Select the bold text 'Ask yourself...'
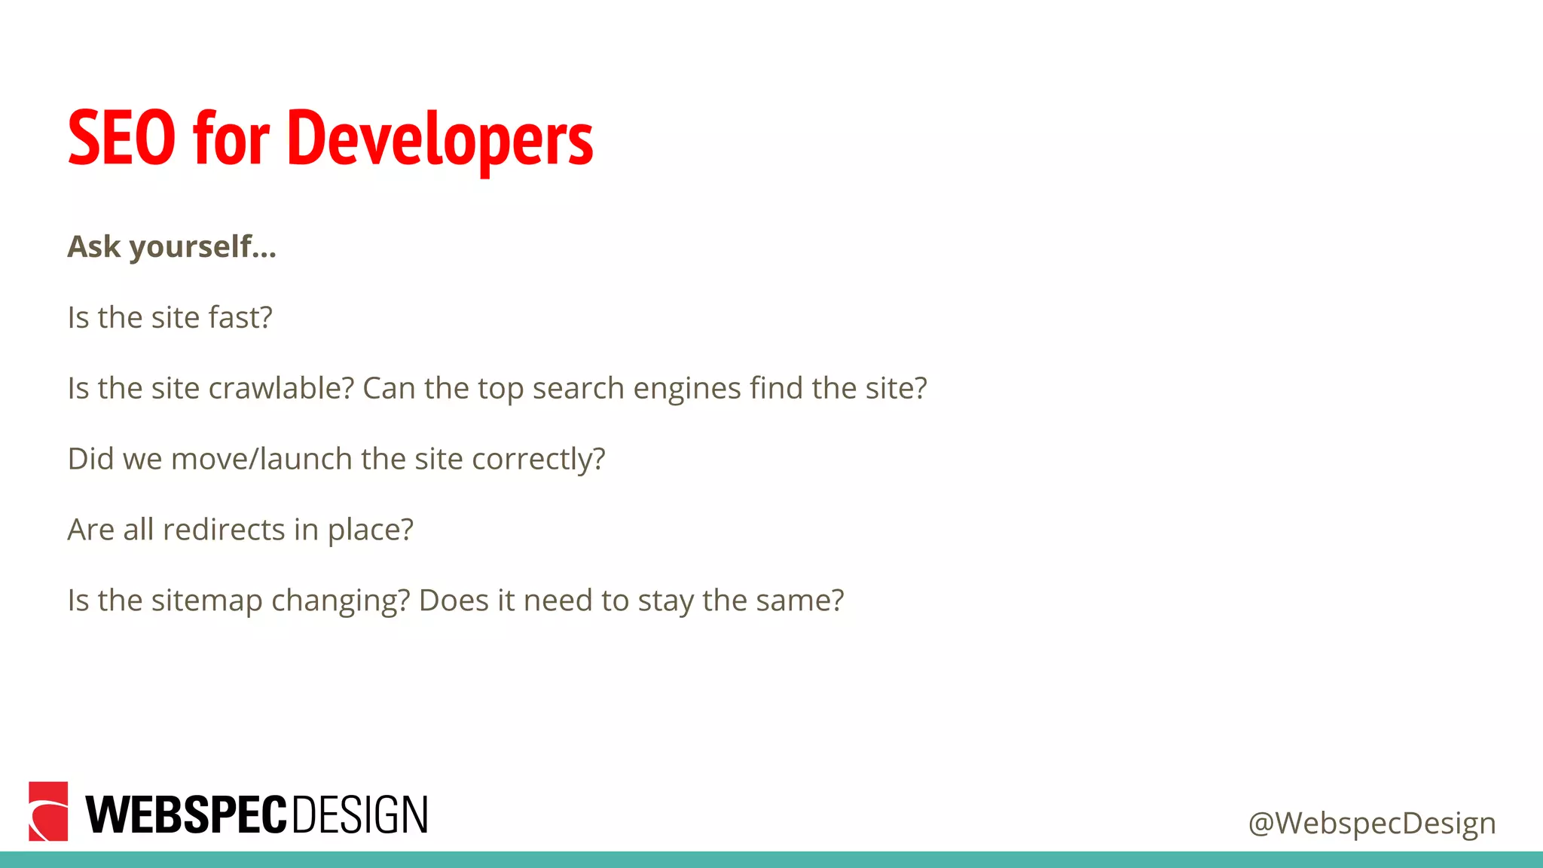coord(172,247)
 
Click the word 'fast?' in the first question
coord(240,317)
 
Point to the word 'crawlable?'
coord(281,388)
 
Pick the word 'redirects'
coord(224,530)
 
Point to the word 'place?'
coord(370,530)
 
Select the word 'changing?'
coord(341,601)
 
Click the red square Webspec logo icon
coord(48,811)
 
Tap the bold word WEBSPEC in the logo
coord(186,815)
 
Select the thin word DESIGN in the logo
coord(359,815)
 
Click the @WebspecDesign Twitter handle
coord(1371,823)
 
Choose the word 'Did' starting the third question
coord(90,459)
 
